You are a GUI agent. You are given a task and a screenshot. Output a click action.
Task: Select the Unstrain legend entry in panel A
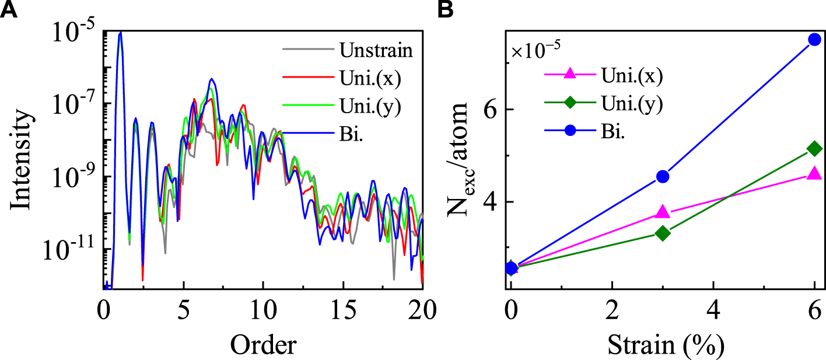click(376, 50)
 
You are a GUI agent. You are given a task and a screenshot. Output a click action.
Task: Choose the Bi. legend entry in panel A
click(353, 134)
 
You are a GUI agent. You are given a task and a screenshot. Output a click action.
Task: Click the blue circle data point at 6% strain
click(814, 40)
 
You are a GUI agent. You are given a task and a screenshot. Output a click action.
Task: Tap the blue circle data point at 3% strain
click(663, 176)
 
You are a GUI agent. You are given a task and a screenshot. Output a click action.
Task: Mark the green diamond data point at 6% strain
click(814, 149)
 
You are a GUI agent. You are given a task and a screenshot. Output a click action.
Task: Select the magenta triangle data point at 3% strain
click(663, 212)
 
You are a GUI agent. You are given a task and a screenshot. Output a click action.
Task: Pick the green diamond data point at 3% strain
click(663, 233)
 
